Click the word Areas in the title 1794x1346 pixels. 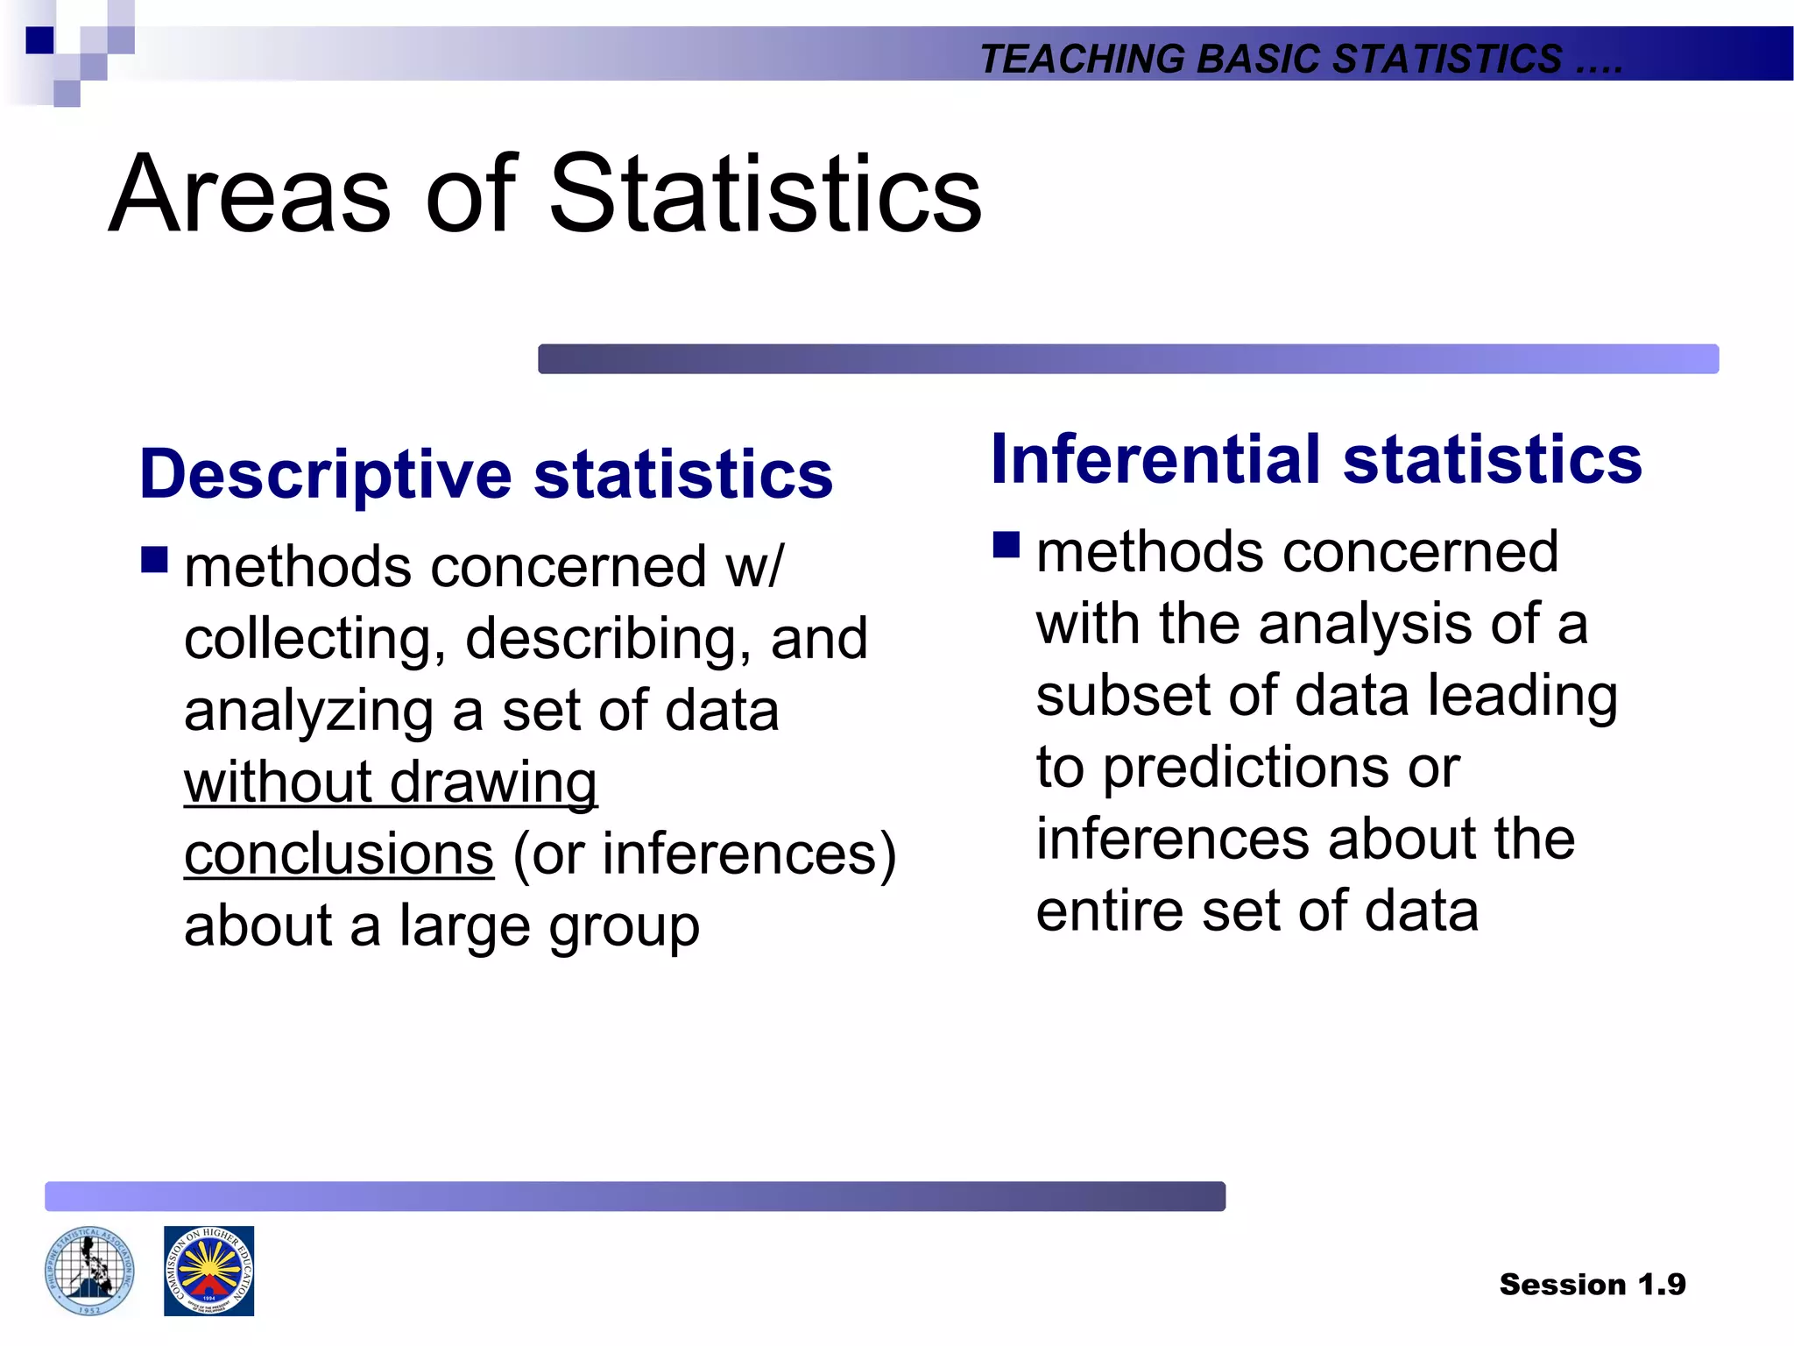click(x=249, y=194)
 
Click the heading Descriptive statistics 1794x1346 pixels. click(x=485, y=474)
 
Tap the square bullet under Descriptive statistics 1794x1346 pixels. click(x=154, y=559)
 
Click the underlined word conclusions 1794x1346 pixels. click(x=338, y=854)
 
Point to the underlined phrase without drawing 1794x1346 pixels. click(x=391, y=783)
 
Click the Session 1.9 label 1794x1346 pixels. click(x=1592, y=1284)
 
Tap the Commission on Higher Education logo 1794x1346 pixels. click(x=208, y=1271)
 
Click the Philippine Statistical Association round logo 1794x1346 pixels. click(x=89, y=1271)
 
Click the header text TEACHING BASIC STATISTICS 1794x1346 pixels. click(x=1270, y=59)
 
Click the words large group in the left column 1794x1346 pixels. click(x=548, y=926)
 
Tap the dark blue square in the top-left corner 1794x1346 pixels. click(x=39, y=40)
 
